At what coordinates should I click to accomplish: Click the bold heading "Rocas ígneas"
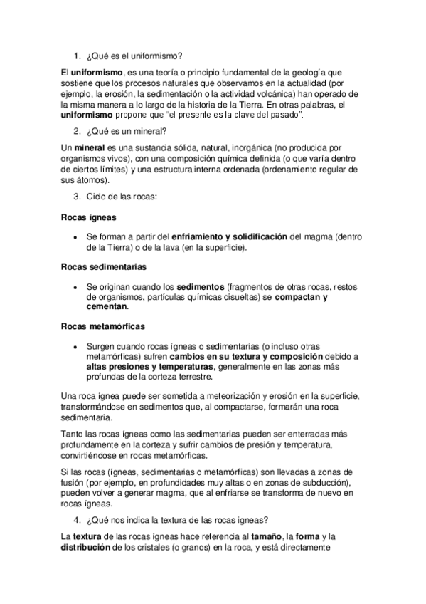click(x=89, y=217)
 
